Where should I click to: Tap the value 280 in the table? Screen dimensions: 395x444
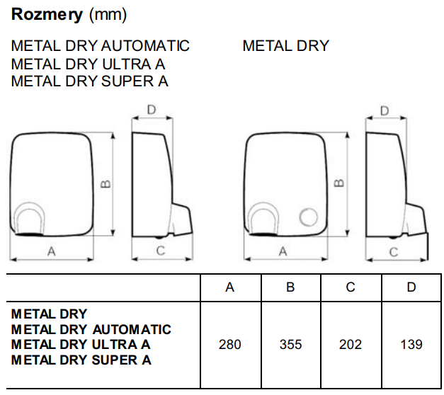click(x=230, y=345)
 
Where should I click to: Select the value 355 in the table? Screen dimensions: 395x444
click(x=290, y=345)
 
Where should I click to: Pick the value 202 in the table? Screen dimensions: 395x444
click(x=351, y=345)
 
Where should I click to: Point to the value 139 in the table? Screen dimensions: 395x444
click(x=411, y=345)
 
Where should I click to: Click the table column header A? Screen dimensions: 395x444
click(x=230, y=287)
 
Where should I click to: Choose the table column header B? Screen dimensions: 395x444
click(x=290, y=287)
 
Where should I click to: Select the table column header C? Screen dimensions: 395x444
click(x=351, y=287)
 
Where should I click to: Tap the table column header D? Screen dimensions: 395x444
click(x=411, y=287)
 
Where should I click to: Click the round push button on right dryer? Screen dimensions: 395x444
click(x=309, y=217)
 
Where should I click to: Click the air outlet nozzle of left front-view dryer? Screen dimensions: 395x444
click(x=30, y=220)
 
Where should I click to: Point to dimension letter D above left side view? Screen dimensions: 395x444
click(x=151, y=110)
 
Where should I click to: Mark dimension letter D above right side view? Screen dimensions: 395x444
click(x=385, y=111)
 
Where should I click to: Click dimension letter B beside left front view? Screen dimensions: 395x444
click(x=105, y=184)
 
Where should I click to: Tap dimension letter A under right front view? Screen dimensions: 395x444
click(x=283, y=251)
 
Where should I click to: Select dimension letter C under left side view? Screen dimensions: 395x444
click(x=160, y=251)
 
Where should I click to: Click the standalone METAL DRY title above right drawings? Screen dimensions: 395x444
click(x=285, y=46)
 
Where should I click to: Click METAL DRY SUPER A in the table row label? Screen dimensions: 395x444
click(x=81, y=360)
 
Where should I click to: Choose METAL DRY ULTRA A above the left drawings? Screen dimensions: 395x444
click(x=89, y=64)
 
